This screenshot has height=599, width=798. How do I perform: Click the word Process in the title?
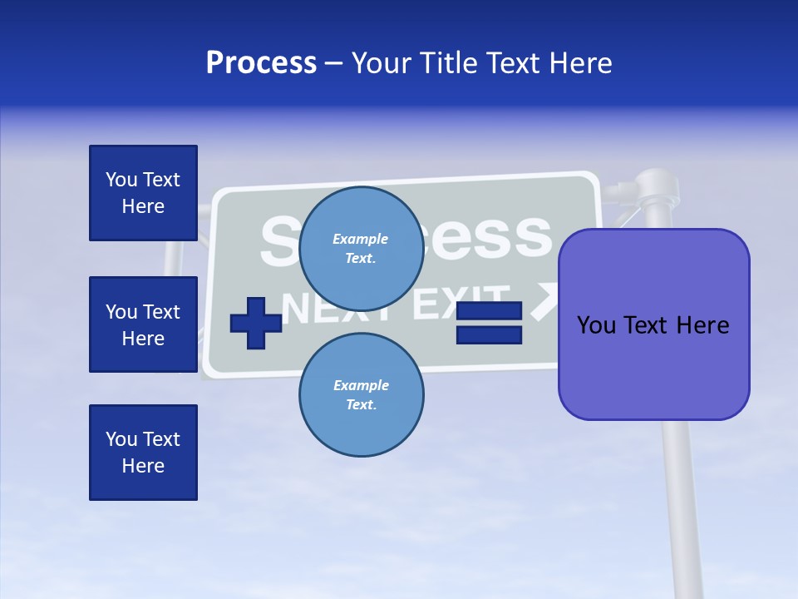click(x=261, y=63)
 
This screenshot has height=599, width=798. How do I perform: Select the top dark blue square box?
click(x=143, y=193)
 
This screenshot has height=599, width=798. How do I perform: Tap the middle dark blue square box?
click(x=143, y=324)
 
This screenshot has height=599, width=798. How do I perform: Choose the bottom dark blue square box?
click(x=143, y=452)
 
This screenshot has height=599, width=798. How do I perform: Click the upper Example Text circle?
click(x=361, y=248)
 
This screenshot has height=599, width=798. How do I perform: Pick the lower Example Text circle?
click(x=361, y=394)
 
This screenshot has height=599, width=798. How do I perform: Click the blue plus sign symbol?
click(x=255, y=323)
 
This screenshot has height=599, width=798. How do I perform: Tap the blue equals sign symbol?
click(x=489, y=323)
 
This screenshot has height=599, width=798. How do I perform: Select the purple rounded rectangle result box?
click(x=653, y=324)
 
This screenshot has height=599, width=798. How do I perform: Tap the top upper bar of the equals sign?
click(x=489, y=311)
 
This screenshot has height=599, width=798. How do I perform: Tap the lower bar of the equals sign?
click(x=489, y=334)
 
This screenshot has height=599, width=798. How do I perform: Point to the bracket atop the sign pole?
click(x=648, y=190)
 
